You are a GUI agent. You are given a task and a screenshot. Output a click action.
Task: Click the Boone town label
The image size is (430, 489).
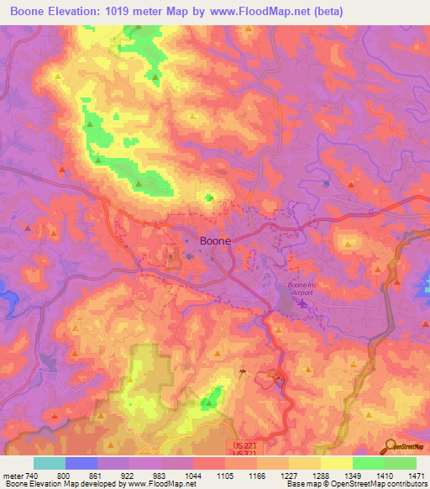[215, 240]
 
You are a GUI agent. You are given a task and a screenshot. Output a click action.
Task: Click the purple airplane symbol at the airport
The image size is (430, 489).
[302, 315]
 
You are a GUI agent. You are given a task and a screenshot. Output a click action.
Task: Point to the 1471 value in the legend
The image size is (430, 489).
[417, 476]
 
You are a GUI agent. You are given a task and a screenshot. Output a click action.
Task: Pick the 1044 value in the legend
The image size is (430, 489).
[194, 476]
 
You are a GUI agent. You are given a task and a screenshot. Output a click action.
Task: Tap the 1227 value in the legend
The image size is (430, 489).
[289, 476]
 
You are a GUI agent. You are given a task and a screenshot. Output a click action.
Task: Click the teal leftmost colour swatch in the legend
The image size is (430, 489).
[50, 463]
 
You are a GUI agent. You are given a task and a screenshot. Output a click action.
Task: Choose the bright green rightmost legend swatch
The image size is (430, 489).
[400, 463]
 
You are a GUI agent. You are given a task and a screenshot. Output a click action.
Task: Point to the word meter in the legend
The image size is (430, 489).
[13, 476]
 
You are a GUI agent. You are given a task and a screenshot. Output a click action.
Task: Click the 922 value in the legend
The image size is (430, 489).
[130, 476]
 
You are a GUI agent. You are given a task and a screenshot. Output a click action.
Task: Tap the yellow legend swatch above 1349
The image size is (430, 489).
[336, 463]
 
